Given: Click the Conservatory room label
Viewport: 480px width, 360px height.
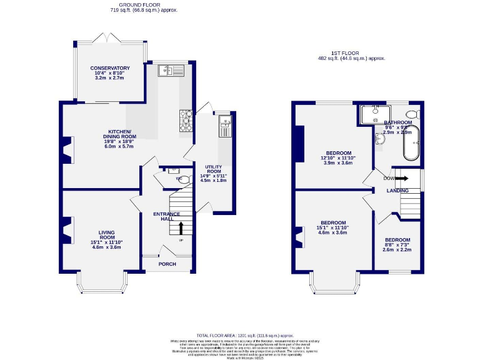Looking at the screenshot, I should [x=109, y=68].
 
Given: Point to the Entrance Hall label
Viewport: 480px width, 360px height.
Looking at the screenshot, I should [x=166, y=216].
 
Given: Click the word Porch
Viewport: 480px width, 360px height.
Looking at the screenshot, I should [x=167, y=264].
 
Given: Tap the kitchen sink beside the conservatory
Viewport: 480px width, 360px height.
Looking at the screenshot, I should [x=169, y=71].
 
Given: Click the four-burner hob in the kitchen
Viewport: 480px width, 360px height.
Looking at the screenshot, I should [x=186, y=120].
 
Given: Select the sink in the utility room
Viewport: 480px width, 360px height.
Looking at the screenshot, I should [x=225, y=127].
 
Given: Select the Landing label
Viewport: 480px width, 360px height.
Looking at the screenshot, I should [x=397, y=191].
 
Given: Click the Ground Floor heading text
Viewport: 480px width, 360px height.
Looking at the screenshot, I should [x=127, y=4].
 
